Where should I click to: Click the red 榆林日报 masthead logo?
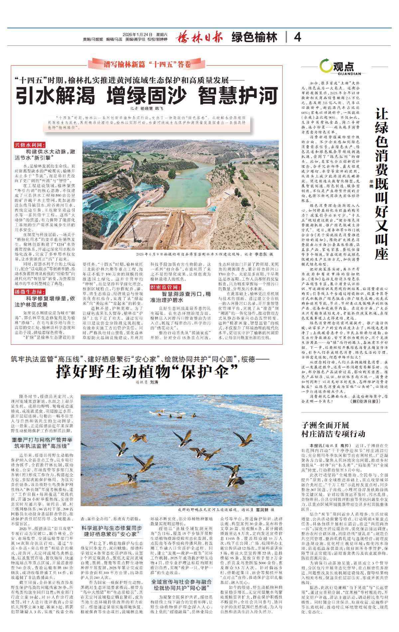point(199,37)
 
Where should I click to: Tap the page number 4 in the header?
point(298,37)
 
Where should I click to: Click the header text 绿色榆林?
point(254,37)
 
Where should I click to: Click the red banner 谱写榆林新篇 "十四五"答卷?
point(147,64)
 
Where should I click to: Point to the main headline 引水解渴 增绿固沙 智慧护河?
point(147,96)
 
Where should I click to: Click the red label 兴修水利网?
point(30,145)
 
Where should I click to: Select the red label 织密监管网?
point(166,287)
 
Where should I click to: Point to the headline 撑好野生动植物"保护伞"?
point(147,371)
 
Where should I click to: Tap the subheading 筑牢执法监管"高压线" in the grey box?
point(42,443)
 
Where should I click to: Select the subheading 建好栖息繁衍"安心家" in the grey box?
point(112,531)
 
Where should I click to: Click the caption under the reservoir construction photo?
point(204,254)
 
